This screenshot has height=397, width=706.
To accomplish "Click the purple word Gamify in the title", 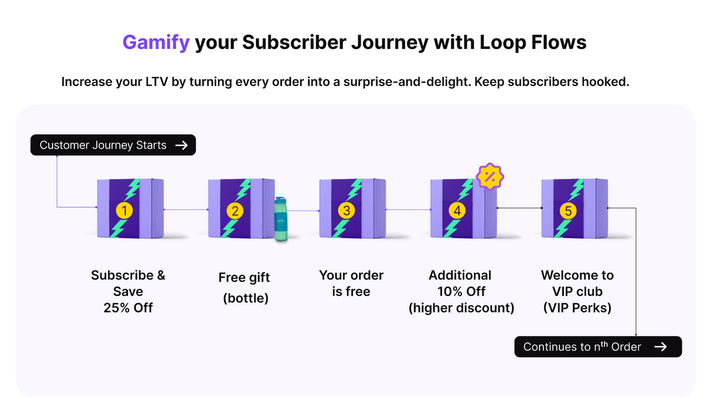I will pyautogui.click(x=156, y=42).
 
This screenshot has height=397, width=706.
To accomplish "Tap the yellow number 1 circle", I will pyautogui.click(x=125, y=210).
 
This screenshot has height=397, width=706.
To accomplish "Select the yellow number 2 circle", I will pyautogui.click(x=236, y=210).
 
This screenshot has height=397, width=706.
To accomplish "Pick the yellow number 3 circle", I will pyautogui.click(x=346, y=210).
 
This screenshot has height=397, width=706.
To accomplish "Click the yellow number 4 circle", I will pyautogui.click(x=457, y=210).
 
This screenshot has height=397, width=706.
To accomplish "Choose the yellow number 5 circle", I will pyautogui.click(x=568, y=210).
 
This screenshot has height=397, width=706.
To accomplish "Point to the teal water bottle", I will pyautogui.click(x=281, y=219).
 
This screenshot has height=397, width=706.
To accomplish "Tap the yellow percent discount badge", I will pyautogui.click(x=489, y=176).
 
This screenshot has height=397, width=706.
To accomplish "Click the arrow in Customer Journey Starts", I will pyautogui.click(x=181, y=146).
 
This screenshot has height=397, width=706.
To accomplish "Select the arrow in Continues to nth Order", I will pyautogui.click(x=660, y=347).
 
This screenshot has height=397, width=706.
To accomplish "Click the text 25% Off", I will pyautogui.click(x=128, y=308).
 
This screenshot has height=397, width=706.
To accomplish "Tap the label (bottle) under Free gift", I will pyautogui.click(x=245, y=298).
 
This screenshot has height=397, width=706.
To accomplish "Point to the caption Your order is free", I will pyautogui.click(x=351, y=283).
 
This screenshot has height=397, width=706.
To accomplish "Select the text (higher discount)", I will pyautogui.click(x=461, y=308).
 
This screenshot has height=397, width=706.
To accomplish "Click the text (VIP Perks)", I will pyautogui.click(x=577, y=308).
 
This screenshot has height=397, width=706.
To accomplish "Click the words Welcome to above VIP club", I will pyautogui.click(x=577, y=275).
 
